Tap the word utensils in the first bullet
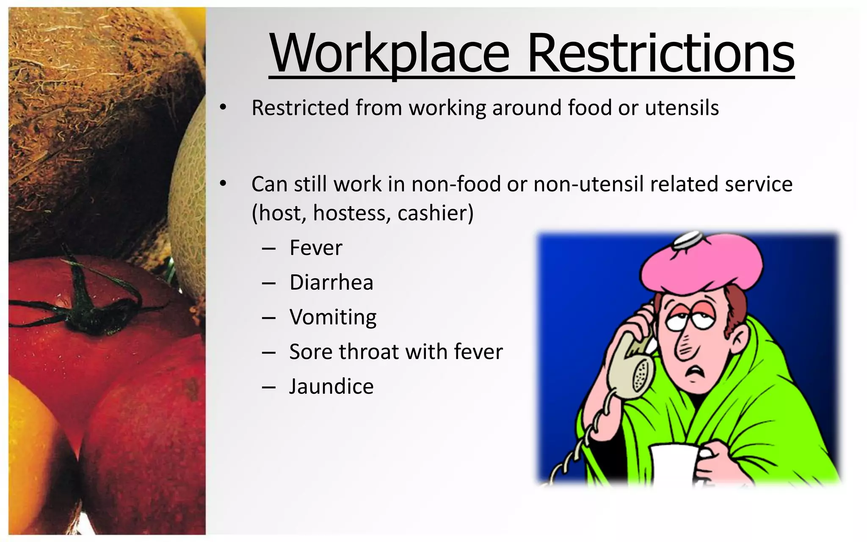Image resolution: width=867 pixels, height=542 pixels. pyautogui.click(x=682, y=108)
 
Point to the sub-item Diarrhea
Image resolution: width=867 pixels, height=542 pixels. pyautogui.click(x=331, y=282)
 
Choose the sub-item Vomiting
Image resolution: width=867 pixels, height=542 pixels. pyautogui.click(x=333, y=318)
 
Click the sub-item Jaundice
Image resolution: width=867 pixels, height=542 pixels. pyautogui.click(x=331, y=387)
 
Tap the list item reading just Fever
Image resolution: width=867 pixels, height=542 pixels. pyautogui.click(x=316, y=248)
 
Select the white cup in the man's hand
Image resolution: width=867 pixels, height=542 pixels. pyautogui.click(x=673, y=464)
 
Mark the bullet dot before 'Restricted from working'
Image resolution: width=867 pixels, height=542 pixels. pyautogui.click(x=223, y=108)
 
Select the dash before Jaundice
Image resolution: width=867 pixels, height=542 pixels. pyautogui.click(x=269, y=387)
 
